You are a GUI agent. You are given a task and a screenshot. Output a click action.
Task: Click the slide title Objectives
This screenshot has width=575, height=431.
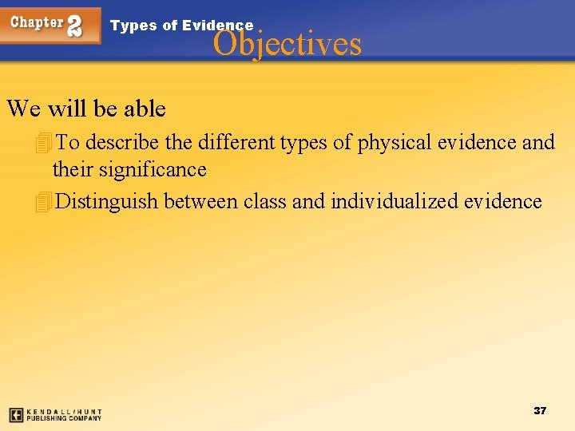(287, 43)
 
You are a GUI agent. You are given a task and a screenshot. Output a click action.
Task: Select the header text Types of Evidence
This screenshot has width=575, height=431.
(181, 26)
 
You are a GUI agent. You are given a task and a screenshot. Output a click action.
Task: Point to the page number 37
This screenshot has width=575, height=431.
(540, 410)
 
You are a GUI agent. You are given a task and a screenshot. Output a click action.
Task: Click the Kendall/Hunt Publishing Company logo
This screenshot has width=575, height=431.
(55, 415)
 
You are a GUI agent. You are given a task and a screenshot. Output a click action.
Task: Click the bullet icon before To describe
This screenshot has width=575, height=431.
(43, 143)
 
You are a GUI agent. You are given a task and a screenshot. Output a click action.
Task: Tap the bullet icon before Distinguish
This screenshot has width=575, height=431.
(43, 202)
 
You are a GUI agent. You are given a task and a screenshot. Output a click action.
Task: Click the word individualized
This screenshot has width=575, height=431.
(395, 201)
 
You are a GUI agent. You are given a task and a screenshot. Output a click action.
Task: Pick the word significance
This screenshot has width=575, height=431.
(153, 170)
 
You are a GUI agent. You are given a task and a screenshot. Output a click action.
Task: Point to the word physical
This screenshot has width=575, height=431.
(389, 142)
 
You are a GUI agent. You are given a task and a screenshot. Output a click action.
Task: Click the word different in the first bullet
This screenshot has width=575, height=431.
(236, 142)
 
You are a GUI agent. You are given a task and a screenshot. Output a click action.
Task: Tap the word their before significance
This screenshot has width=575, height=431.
(73, 170)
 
